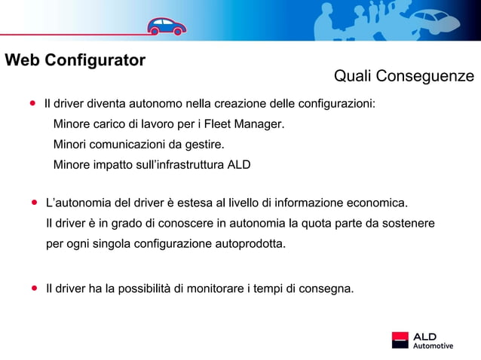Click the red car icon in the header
(x=167, y=26)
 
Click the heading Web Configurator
(x=75, y=60)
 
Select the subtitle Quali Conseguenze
(x=403, y=76)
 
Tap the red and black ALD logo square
(x=400, y=340)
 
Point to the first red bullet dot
(x=33, y=102)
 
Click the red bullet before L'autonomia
(x=35, y=203)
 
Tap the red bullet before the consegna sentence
(x=35, y=288)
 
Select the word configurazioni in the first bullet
(x=338, y=102)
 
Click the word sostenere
(x=408, y=224)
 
